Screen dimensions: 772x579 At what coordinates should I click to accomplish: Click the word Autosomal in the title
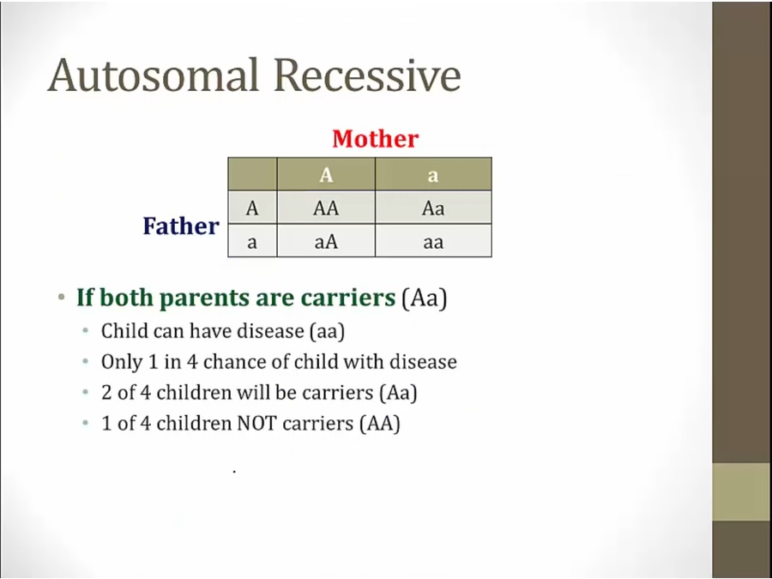(154, 75)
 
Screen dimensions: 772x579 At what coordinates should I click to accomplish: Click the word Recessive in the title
(367, 75)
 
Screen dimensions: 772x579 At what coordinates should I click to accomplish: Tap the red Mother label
(375, 139)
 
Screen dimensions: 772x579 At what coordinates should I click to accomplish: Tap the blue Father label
(181, 226)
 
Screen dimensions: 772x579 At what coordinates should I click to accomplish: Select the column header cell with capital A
(326, 174)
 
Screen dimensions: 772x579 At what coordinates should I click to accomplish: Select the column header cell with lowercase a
(433, 174)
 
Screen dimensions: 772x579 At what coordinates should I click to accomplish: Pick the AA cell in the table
(326, 208)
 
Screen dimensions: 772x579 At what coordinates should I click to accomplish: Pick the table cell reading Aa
(433, 208)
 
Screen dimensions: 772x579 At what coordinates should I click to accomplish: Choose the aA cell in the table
(326, 241)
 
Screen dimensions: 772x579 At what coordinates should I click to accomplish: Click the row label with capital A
(252, 208)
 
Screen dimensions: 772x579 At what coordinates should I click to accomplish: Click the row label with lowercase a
(252, 241)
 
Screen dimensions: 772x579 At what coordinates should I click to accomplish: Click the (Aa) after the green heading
(425, 299)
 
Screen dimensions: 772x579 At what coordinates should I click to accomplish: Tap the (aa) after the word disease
(328, 331)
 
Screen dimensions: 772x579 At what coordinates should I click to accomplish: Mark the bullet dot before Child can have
(86, 330)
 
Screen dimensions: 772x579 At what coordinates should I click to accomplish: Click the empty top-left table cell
(252, 174)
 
